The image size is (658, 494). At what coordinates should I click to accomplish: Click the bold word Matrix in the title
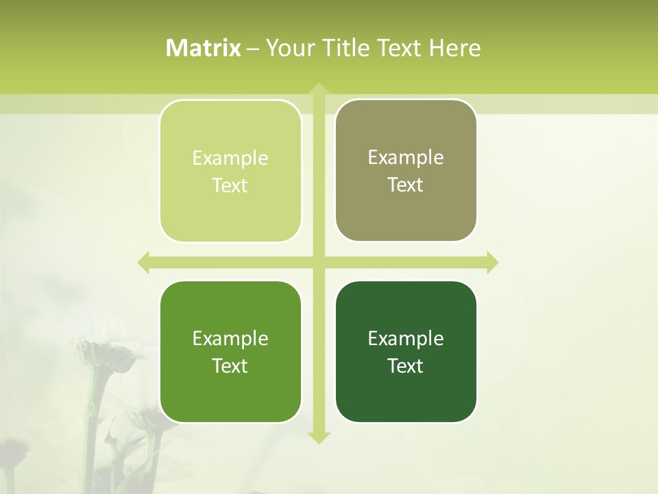click(x=204, y=48)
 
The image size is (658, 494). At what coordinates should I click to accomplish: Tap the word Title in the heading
click(x=347, y=48)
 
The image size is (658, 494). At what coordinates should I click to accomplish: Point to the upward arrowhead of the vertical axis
click(x=318, y=88)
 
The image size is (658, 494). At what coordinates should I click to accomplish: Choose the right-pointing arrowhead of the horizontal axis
click(x=492, y=262)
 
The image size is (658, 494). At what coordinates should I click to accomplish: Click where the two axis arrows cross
click(x=318, y=262)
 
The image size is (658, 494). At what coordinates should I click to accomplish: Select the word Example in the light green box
click(x=230, y=158)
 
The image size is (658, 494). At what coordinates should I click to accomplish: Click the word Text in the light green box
click(x=230, y=186)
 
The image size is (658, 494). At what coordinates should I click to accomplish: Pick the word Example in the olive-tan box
click(x=406, y=158)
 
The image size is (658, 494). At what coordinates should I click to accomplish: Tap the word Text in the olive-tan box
click(x=406, y=185)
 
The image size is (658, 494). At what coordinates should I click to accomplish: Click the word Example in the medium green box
click(x=230, y=339)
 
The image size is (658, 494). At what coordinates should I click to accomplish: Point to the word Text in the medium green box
click(x=230, y=366)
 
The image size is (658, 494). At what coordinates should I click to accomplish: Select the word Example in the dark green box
click(x=406, y=339)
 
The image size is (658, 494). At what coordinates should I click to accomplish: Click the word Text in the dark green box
click(x=406, y=366)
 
